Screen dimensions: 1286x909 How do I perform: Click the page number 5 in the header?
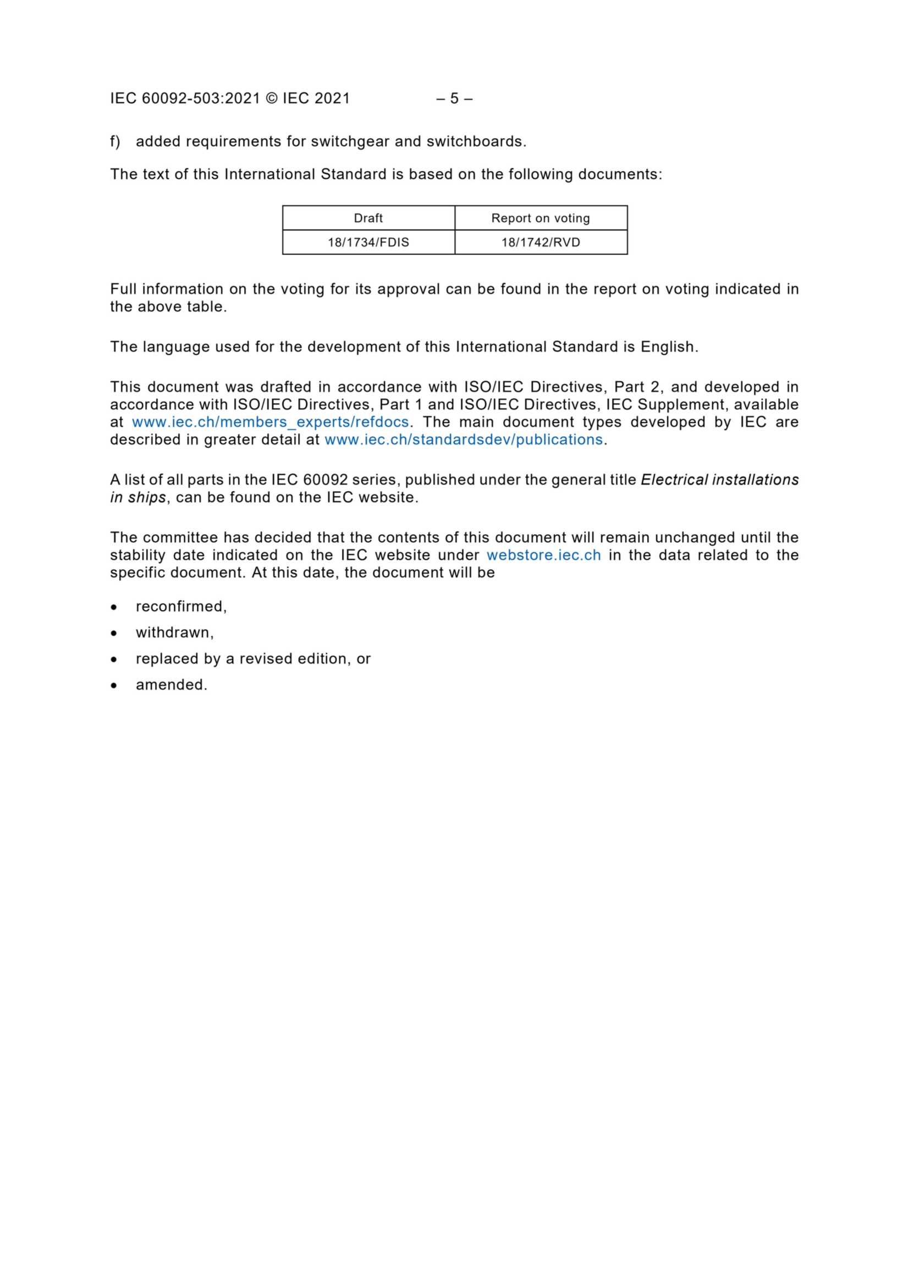coord(454,98)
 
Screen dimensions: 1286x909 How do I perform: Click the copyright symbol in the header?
coord(271,98)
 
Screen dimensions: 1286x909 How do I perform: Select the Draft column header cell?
coord(368,218)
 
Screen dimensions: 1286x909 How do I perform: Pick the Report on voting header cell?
coord(541,218)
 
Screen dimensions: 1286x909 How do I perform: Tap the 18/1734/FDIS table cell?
coord(368,243)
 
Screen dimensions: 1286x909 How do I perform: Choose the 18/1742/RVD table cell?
coord(541,243)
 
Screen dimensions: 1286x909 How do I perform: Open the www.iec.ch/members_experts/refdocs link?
coord(270,422)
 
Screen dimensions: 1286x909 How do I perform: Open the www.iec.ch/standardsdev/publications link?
coord(464,439)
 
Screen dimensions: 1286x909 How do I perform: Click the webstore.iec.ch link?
coord(543,555)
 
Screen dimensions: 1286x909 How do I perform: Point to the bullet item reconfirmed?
coord(180,607)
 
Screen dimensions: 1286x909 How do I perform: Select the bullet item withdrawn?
coord(174,633)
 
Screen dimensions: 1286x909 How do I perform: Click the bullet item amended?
coord(171,684)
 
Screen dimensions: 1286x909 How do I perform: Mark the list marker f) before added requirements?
coord(115,142)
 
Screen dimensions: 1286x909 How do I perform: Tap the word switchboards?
coord(476,142)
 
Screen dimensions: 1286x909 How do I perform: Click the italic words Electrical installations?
coord(719,480)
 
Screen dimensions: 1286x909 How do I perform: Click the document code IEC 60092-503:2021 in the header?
coord(185,98)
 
